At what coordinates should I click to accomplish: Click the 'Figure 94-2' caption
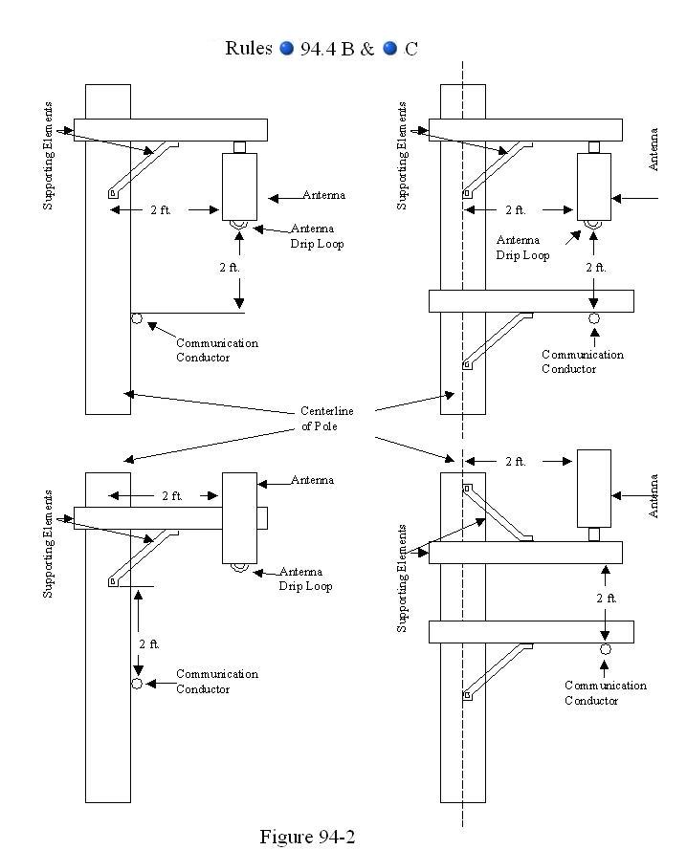(x=307, y=837)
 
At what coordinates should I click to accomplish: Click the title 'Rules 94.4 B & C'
(x=321, y=49)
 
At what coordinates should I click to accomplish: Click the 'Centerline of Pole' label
(x=326, y=419)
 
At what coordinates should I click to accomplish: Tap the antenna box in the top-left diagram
(x=238, y=185)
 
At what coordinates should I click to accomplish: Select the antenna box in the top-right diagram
(x=593, y=185)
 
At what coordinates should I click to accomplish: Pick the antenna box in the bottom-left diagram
(x=239, y=517)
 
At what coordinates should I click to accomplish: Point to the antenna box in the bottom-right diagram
(x=593, y=488)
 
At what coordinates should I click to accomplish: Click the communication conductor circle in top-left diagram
(x=137, y=318)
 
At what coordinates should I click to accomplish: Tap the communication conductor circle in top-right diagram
(x=594, y=318)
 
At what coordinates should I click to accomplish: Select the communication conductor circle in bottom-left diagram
(x=137, y=684)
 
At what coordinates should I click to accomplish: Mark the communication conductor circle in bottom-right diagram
(x=606, y=649)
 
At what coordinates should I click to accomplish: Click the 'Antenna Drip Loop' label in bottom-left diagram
(x=305, y=578)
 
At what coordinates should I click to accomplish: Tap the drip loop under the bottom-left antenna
(x=238, y=567)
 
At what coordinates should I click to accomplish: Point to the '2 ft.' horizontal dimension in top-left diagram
(x=161, y=209)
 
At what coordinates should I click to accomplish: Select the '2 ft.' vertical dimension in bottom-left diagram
(x=149, y=643)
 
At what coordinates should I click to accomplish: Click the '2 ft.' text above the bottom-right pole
(x=516, y=462)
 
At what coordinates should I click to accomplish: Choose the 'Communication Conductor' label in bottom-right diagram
(x=605, y=692)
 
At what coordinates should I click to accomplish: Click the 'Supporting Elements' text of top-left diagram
(x=49, y=156)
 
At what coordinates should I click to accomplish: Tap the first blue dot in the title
(x=286, y=50)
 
